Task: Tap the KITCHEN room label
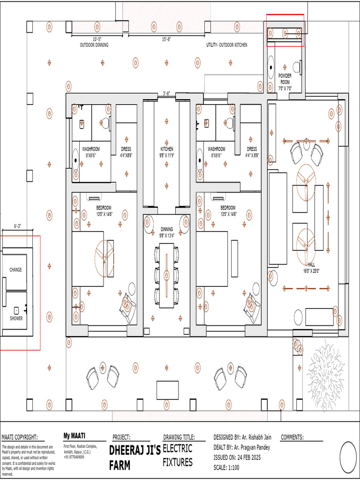click(166, 152)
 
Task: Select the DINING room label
click(167, 232)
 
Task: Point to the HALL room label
click(311, 267)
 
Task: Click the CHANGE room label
click(15, 270)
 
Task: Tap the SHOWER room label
click(15, 318)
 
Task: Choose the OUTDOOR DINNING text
click(94, 45)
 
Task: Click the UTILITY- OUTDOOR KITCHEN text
click(227, 45)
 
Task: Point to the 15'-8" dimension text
click(167, 40)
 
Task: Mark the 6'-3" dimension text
click(18, 226)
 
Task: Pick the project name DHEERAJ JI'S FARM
click(135, 457)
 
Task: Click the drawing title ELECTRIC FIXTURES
click(178, 455)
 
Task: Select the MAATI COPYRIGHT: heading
click(20, 437)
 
